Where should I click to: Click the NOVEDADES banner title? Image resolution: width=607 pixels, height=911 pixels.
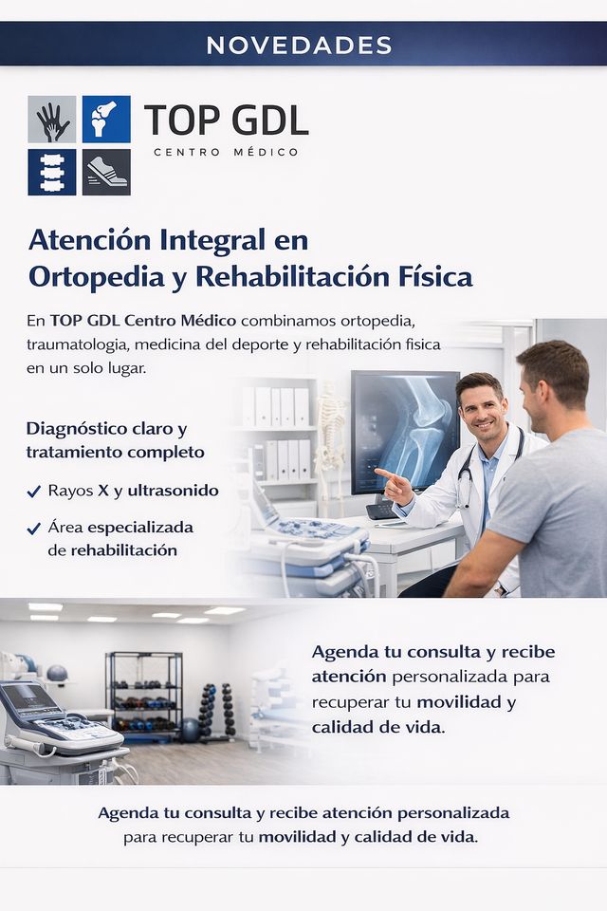tap(299, 46)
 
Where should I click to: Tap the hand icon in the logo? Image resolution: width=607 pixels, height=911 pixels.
tap(52, 120)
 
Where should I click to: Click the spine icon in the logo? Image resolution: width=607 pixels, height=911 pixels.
tap(52, 172)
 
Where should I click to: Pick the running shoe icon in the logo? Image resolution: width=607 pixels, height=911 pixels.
tap(106, 172)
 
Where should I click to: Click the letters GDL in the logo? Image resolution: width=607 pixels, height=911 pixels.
tap(270, 121)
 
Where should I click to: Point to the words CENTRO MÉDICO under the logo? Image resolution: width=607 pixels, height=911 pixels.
tap(226, 152)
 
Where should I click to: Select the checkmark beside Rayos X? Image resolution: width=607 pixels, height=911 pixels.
tap(34, 493)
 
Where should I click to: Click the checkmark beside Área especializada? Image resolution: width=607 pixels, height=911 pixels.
tap(34, 529)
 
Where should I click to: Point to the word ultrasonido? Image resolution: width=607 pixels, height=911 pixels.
tap(174, 491)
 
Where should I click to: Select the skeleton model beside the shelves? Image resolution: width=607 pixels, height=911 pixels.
tap(332, 441)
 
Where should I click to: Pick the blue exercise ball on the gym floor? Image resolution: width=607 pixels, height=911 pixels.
tap(190, 730)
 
